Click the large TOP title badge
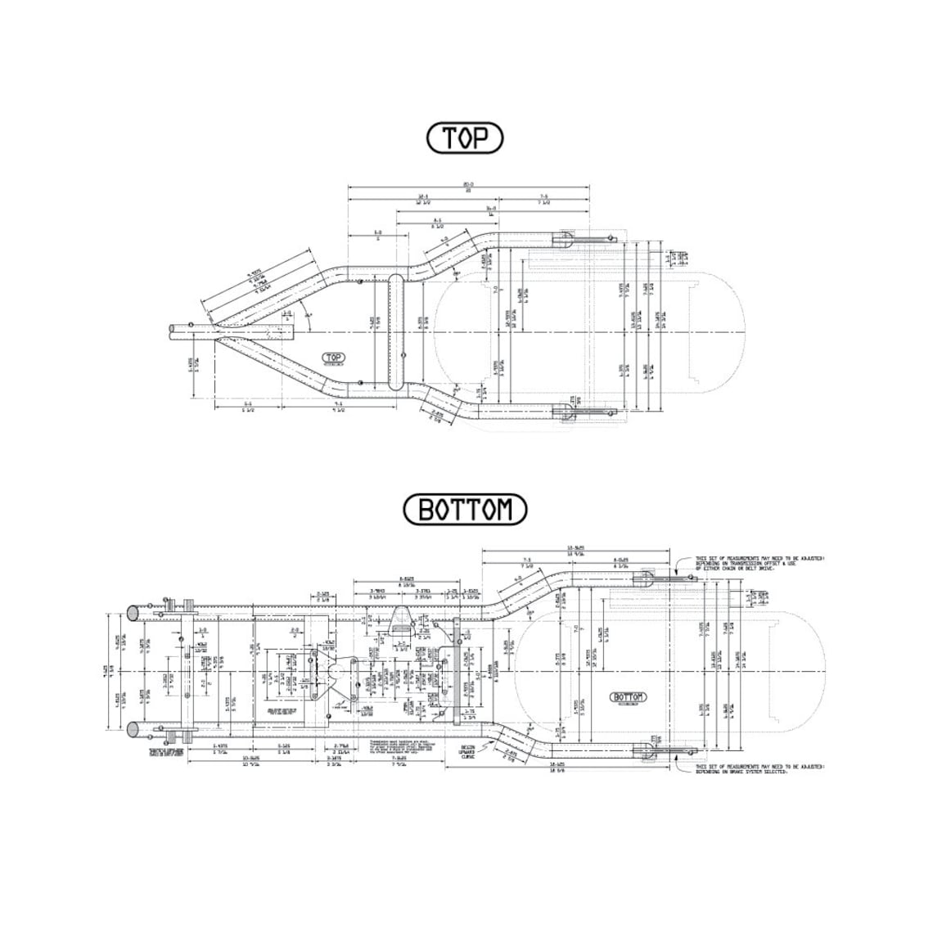464,139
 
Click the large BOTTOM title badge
465,510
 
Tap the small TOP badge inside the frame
333,358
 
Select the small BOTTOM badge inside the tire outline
628,697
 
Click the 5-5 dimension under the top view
247,407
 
